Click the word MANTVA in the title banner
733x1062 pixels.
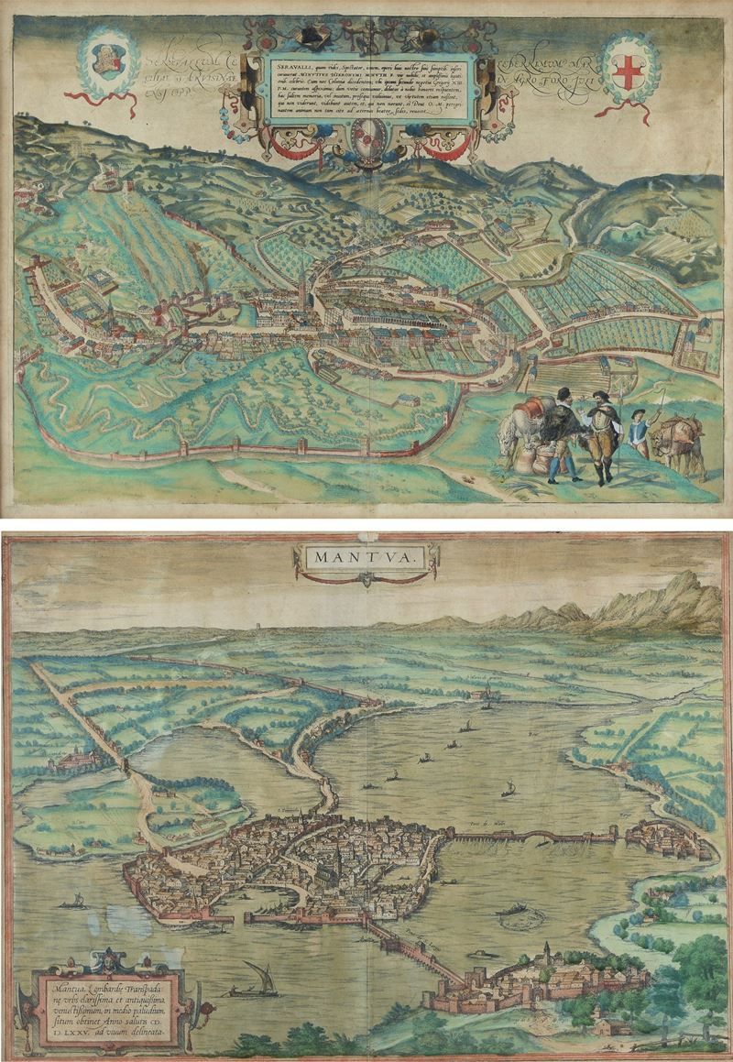tap(365, 556)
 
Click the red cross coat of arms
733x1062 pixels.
tap(628, 72)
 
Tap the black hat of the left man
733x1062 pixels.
tap(563, 393)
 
